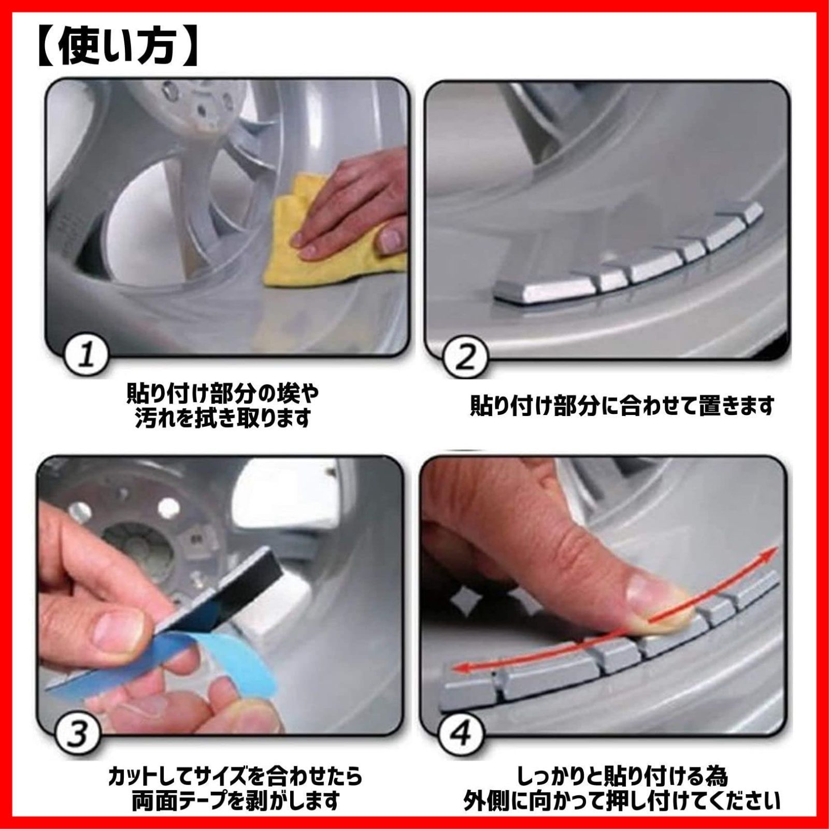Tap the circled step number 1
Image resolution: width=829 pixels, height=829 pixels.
87,357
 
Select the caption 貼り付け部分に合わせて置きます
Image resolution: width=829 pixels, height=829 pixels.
622,405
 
